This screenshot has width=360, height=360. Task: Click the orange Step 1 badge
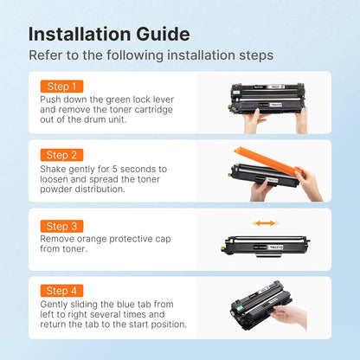(61, 87)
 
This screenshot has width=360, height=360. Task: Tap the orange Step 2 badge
(61, 155)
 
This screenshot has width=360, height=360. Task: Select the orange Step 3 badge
(61, 226)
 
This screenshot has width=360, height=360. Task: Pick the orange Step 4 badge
(61, 291)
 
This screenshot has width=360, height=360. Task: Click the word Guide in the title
(163, 34)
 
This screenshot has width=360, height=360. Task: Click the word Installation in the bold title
(80, 34)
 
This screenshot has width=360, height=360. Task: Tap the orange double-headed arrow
(266, 223)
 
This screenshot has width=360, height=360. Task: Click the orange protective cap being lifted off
(269, 162)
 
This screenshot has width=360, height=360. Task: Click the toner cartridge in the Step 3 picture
(265, 246)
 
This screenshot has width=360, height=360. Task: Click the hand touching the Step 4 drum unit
(289, 316)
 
